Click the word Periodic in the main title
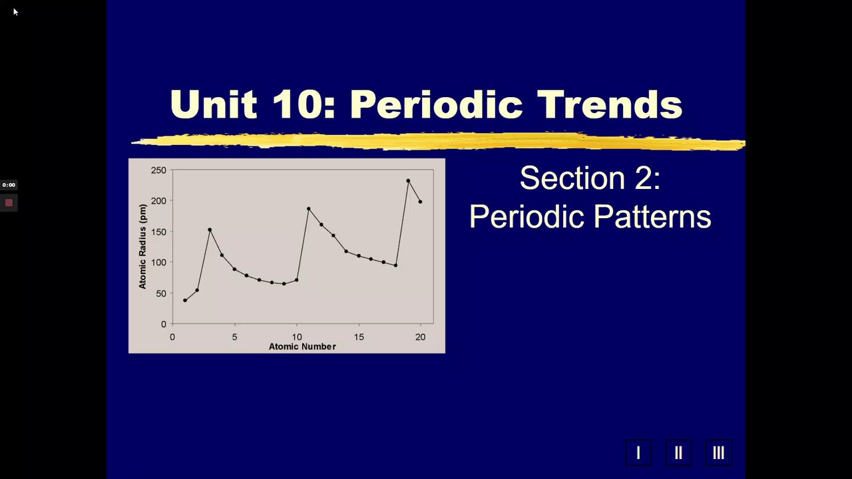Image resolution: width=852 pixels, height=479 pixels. click(x=436, y=105)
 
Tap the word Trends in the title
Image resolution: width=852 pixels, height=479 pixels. click(x=610, y=104)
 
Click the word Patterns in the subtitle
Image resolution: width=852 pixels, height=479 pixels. click(x=652, y=217)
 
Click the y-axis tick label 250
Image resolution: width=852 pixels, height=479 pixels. click(x=158, y=170)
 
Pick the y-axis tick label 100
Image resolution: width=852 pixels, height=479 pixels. click(x=158, y=262)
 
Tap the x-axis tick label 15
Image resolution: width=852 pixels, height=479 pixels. click(x=359, y=337)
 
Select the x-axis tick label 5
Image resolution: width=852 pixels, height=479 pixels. click(x=235, y=337)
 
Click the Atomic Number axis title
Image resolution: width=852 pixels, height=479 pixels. click(x=302, y=347)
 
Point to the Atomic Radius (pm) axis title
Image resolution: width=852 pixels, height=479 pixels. click(x=142, y=247)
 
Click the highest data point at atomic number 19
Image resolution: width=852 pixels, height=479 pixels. click(x=408, y=181)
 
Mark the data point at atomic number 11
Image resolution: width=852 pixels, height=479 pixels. click(x=308, y=209)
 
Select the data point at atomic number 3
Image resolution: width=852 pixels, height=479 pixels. click(x=210, y=230)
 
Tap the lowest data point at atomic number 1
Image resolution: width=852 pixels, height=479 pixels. click(x=185, y=300)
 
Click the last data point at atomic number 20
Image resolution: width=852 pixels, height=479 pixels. click(x=420, y=202)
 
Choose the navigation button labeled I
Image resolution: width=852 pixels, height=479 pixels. click(x=638, y=453)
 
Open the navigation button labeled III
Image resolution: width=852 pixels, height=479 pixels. click(x=718, y=453)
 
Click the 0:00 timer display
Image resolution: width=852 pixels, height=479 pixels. click(x=9, y=185)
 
